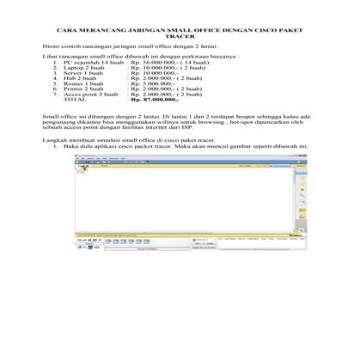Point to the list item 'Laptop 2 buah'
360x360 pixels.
coord(85,70)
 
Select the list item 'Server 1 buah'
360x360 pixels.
coord(85,76)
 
